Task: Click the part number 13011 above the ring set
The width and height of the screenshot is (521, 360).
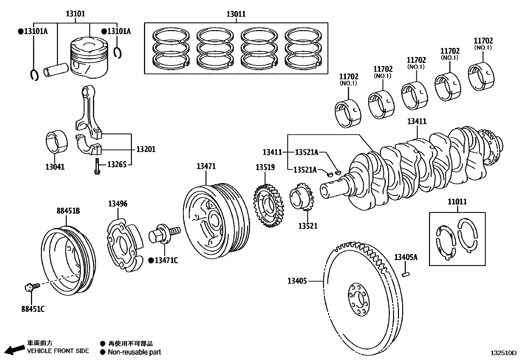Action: click(236, 14)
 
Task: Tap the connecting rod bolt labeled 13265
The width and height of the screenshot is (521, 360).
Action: click(97, 166)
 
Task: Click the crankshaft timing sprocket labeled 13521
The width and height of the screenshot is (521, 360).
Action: click(301, 198)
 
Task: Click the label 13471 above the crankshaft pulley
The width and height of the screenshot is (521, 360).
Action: click(206, 166)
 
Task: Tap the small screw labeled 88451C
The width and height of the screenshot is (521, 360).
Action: click(31, 287)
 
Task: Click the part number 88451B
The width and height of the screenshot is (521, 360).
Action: click(68, 211)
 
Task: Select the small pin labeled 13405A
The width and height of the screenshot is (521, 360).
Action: click(406, 273)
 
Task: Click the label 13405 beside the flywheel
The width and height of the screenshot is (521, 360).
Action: click(297, 281)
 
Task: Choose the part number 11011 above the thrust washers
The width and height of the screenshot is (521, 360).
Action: click(457, 202)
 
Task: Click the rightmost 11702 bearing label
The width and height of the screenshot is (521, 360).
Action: click(483, 41)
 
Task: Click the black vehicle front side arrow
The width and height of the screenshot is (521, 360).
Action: click(14, 350)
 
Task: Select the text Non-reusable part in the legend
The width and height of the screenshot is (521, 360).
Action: click(134, 352)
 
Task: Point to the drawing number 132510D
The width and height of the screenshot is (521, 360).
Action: click(503, 353)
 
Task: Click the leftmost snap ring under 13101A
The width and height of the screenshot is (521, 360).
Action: click(34, 75)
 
